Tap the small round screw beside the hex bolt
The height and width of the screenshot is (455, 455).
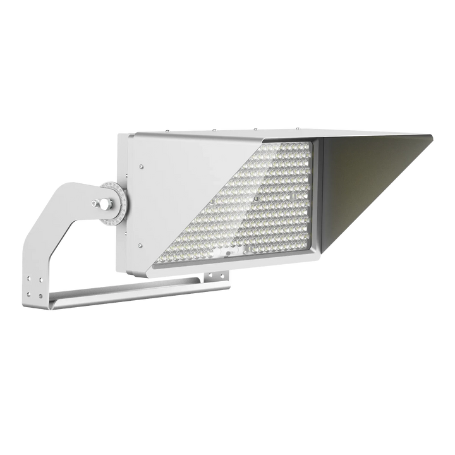pos(95,203)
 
